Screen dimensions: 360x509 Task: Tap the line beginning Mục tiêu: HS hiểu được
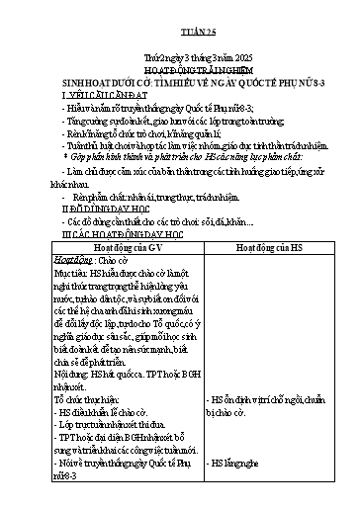124,276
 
